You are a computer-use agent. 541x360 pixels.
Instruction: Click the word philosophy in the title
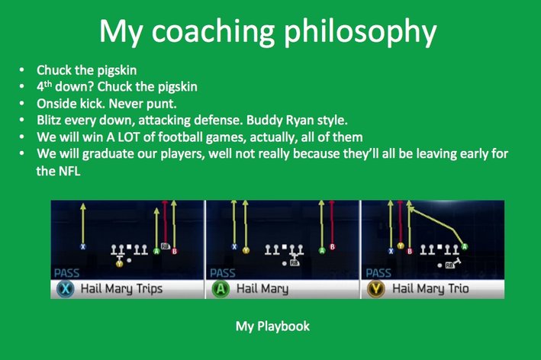point(360,32)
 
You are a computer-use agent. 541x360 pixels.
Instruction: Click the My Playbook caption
point(272,326)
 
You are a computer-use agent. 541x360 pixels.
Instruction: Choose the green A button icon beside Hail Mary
point(221,289)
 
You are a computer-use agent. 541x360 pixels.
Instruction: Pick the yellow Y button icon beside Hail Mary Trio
point(376,289)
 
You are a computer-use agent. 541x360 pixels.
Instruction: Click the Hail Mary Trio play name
point(430,288)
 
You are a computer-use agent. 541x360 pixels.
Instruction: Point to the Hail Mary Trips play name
point(121,288)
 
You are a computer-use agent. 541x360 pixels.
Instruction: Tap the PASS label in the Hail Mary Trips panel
point(66,273)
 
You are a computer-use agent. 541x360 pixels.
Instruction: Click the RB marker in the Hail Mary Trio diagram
point(449,265)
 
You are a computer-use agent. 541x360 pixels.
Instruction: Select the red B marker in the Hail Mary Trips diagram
point(174,252)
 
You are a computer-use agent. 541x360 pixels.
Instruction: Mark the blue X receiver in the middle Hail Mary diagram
point(234,246)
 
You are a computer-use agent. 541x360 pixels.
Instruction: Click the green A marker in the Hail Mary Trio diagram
point(465,246)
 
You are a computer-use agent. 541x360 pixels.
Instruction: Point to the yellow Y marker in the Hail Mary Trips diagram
point(119,264)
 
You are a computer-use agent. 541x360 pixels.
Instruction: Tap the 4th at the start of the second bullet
point(44,86)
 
